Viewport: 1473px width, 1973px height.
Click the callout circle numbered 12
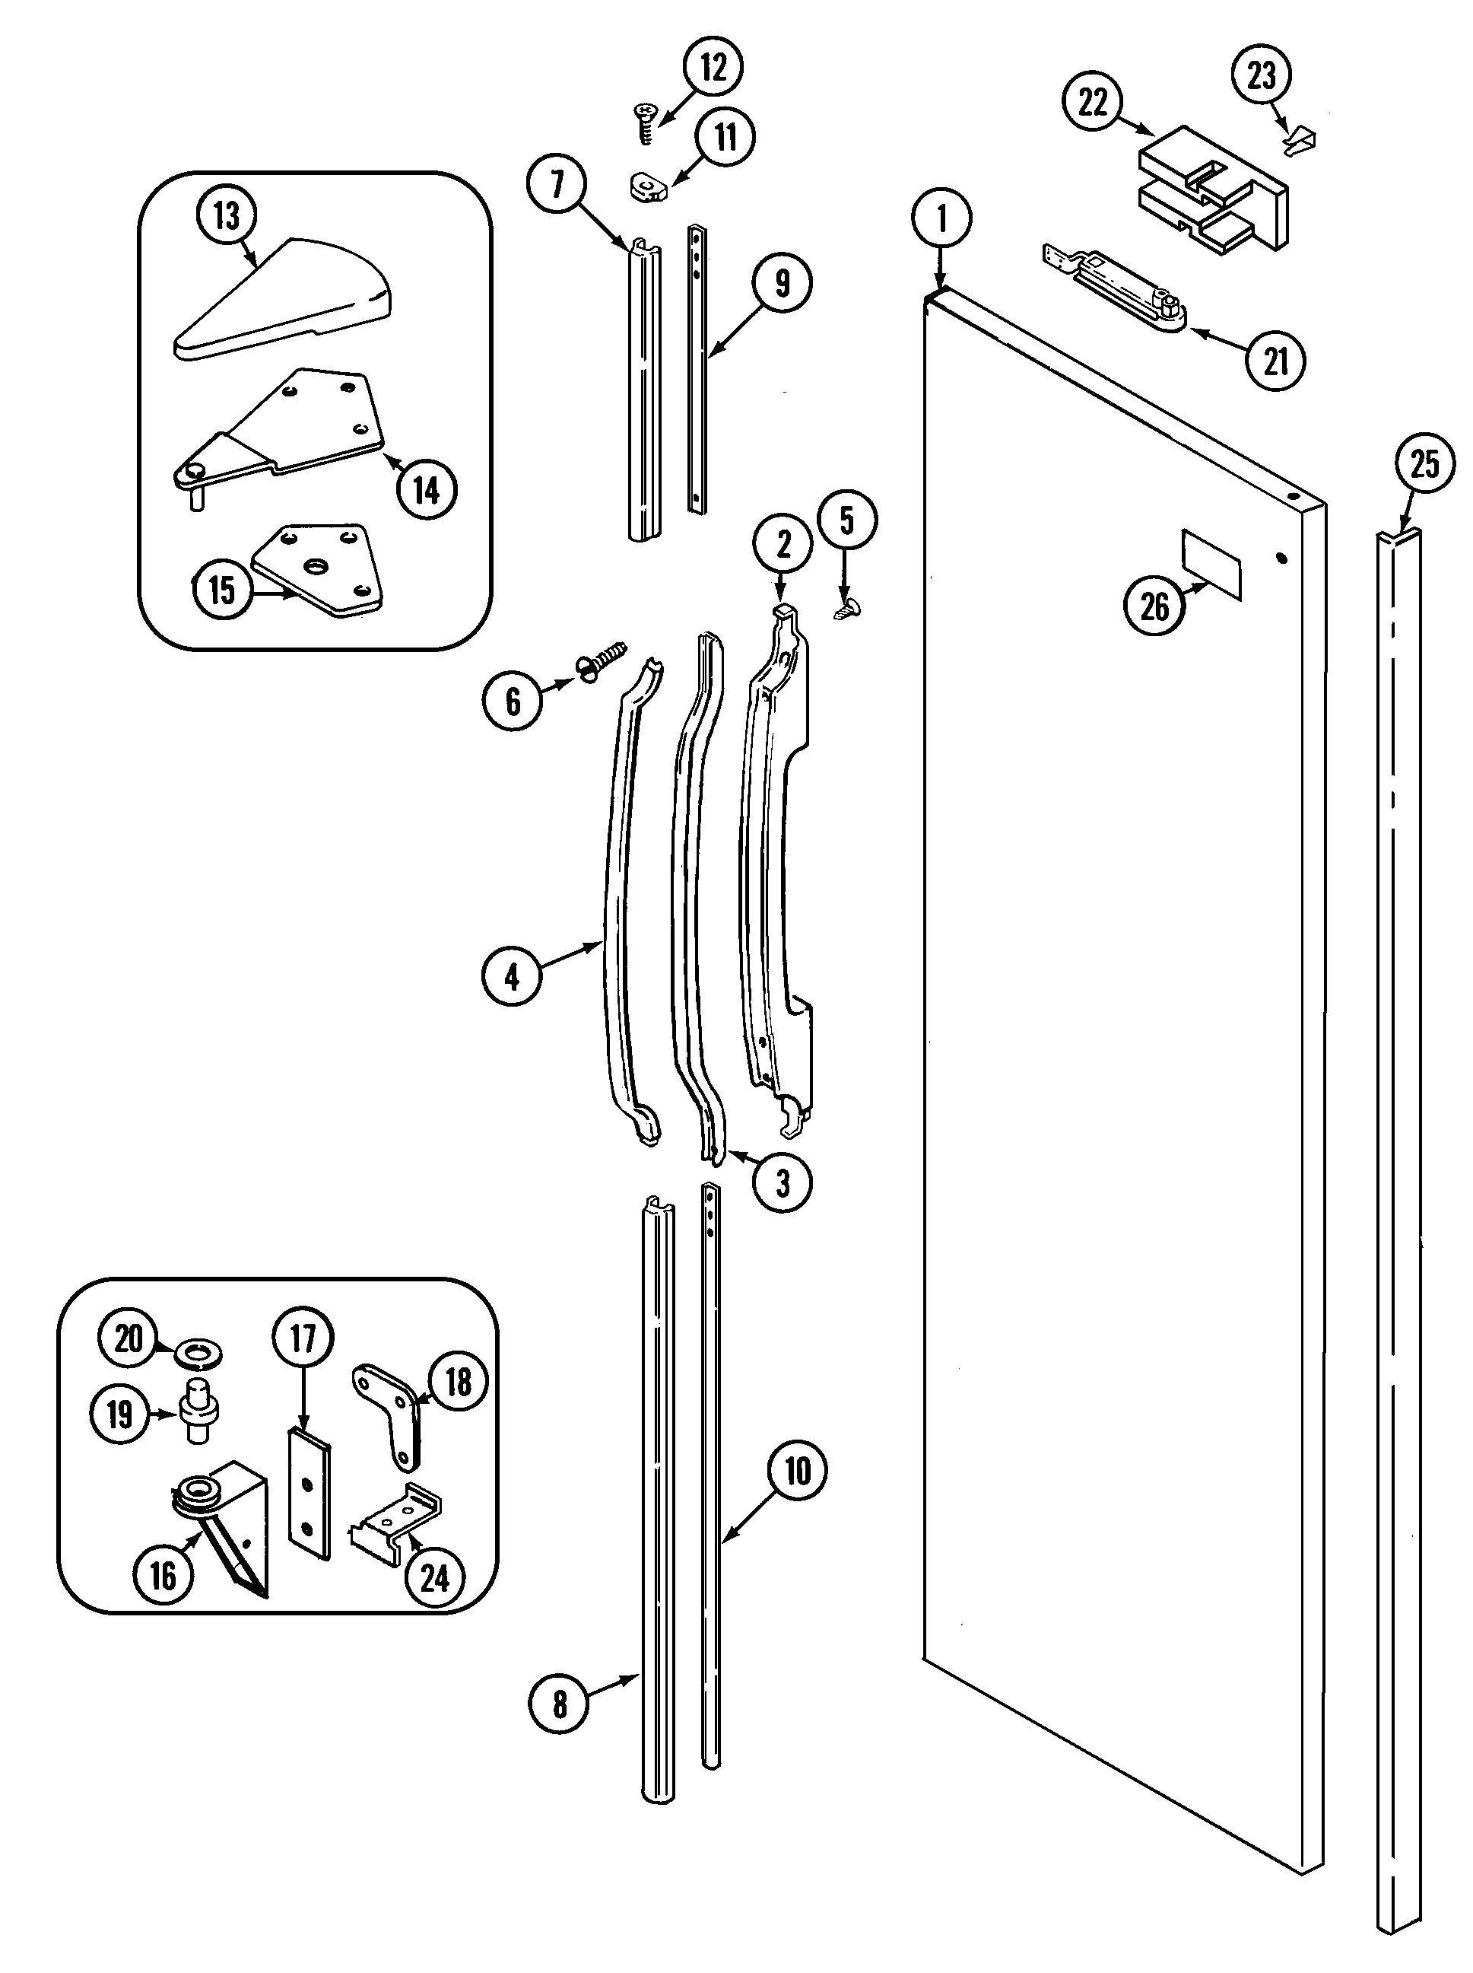pyautogui.click(x=713, y=67)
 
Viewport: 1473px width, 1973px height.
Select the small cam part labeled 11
pyautogui.click(x=646, y=187)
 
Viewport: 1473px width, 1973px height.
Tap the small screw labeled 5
pyautogui.click(x=841, y=611)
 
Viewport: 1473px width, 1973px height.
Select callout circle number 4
pyautogui.click(x=512, y=978)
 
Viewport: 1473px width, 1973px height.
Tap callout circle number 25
pyautogui.click(x=1424, y=465)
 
